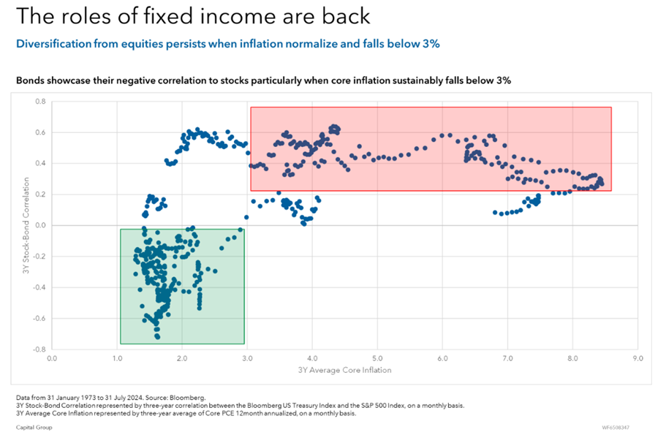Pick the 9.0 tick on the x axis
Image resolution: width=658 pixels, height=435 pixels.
point(638,359)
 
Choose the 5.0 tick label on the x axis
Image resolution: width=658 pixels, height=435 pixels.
point(377,359)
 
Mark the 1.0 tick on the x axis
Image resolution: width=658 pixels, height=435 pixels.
point(117,359)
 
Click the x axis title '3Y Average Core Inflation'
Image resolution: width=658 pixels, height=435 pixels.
point(344,370)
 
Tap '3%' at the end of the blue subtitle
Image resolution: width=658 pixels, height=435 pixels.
point(430,44)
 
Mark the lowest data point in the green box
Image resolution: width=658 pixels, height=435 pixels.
point(157,337)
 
